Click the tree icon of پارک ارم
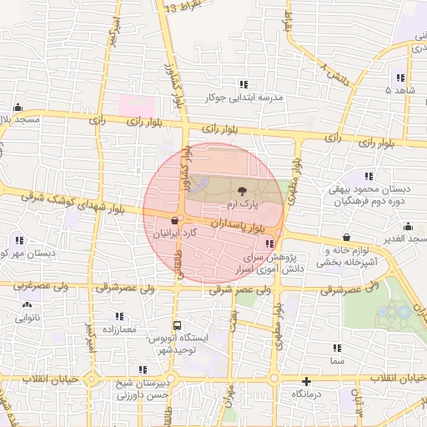pyautogui.click(x=243, y=191)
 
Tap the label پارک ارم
pyautogui.click(x=244, y=203)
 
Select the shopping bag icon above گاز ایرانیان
pyautogui.click(x=173, y=221)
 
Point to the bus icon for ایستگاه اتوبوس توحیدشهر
pyautogui.click(x=176, y=325)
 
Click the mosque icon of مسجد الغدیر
pyautogui.click(x=409, y=226)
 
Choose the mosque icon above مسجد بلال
pyautogui.click(x=18, y=107)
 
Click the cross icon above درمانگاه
pyautogui.click(x=307, y=380)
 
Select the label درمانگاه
pyautogui.click(x=307, y=393)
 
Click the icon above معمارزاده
pyautogui.click(x=119, y=317)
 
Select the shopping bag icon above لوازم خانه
pyautogui.click(x=345, y=238)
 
